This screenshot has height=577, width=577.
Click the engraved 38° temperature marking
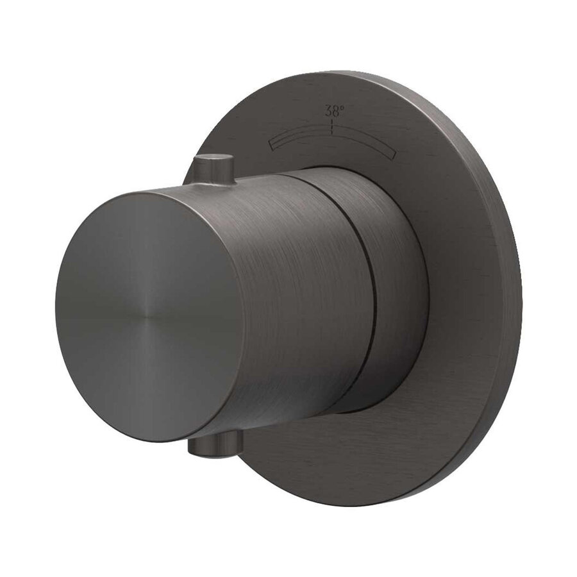tap(334, 110)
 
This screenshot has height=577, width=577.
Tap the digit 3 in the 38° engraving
tap(329, 110)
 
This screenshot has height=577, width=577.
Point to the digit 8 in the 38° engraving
tap(336, 110)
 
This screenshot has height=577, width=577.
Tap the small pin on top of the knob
tap(212, 169)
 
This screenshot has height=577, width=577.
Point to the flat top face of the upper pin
tap(212, 158)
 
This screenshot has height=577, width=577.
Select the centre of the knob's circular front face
tap(150, 317)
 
